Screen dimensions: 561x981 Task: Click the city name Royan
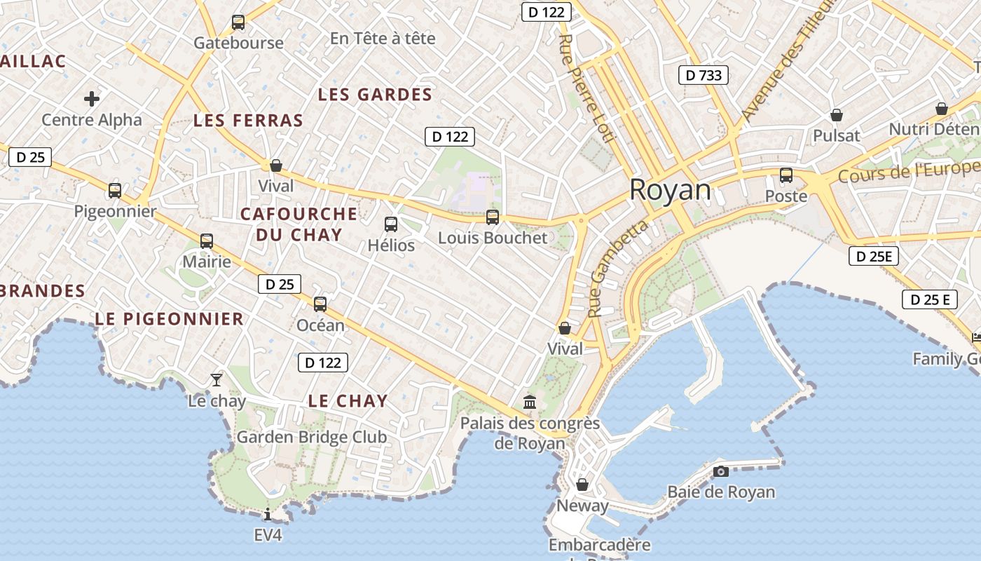point(670,190)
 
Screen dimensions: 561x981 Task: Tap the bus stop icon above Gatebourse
point(238,22)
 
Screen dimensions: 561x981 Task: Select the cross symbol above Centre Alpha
point(91,99)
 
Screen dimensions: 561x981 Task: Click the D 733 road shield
point(704,75)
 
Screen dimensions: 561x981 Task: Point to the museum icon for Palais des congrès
point(530,403)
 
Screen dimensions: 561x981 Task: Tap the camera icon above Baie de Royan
point(720,471)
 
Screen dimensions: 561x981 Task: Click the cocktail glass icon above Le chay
point(217,380)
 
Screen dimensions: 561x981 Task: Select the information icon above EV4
point(268,514)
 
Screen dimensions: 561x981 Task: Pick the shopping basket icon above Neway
point(582,485)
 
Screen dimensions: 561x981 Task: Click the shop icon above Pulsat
point(836,115)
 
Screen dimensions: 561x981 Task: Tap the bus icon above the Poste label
point(786,175)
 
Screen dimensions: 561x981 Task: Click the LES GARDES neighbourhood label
point(375,95)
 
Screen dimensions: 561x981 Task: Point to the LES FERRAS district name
point(248,121)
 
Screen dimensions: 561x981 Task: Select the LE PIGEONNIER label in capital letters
point(169,319)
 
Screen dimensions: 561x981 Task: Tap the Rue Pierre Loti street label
point(586,88)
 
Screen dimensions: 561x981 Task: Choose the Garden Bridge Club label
point(311,437)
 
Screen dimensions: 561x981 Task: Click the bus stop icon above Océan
point(320,304)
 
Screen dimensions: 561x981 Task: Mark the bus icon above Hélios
point(391,224)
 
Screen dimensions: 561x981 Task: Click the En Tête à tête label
point(383,39)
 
